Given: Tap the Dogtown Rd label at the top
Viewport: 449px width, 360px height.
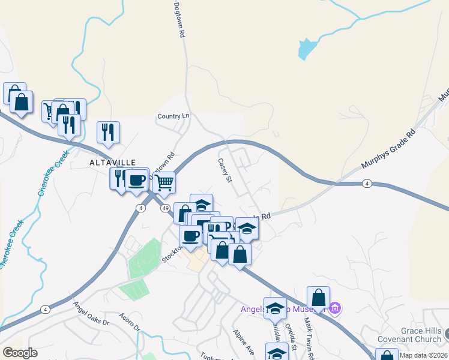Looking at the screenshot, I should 178,20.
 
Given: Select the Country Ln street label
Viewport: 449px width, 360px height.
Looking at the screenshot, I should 173,116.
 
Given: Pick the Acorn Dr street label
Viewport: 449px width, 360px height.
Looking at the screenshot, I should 129,322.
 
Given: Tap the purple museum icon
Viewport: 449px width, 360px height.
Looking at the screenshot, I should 335,309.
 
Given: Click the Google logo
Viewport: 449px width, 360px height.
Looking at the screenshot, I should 20,353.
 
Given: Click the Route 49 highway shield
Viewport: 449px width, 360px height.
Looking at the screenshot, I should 164,208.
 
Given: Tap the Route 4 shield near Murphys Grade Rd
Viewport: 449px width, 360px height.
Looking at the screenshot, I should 366,183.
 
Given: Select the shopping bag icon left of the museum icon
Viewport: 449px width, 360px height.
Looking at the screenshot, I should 318,297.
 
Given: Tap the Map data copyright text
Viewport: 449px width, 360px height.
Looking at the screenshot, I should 423,355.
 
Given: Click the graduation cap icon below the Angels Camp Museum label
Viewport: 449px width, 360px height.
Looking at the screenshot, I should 277,354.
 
